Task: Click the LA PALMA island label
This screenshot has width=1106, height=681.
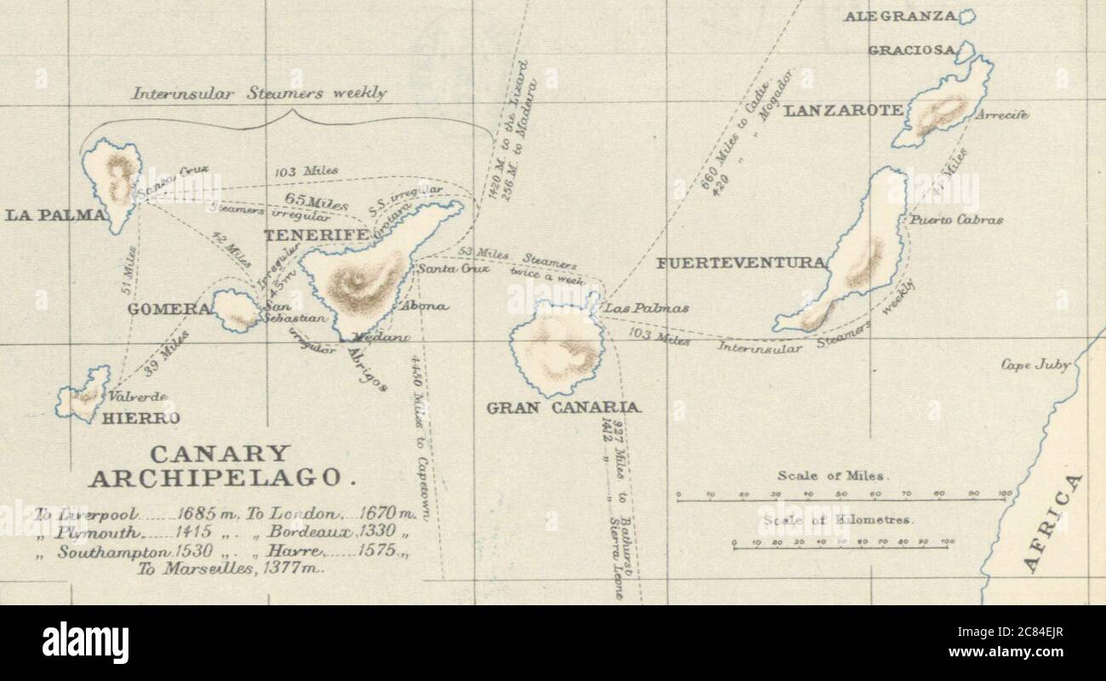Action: [x=55, y=215]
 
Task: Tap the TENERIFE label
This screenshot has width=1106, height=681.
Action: [x=316, y=234]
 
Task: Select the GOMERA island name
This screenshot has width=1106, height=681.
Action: [x=168, y=309]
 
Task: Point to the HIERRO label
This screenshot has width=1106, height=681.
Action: [x=140, y=418]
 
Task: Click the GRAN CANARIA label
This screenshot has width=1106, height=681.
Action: [x=564, y=408]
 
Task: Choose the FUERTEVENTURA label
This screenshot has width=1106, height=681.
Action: [x=741, y=263]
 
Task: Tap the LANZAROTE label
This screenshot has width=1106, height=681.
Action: [x=843, y=110]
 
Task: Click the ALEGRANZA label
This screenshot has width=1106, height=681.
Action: [x=901, y=16]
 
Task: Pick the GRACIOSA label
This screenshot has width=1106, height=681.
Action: [x=911, y=50]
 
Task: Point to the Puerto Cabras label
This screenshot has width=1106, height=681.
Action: [x=956, y=220]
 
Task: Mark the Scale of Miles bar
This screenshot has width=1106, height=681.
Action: [x=841, y=500]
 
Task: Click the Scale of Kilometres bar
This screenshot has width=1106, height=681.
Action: [x=841, y=547]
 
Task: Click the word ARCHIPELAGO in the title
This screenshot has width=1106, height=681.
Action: [x=220, y=478]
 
